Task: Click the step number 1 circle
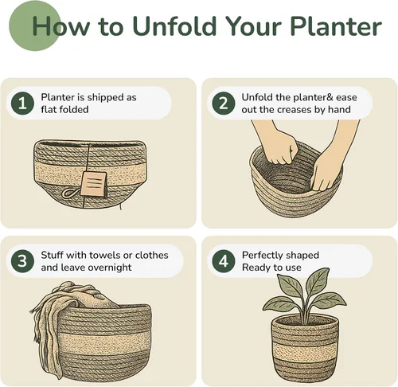(x=22, y=104)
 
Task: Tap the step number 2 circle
(x=224, y=104)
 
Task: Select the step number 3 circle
(x=22, y=261)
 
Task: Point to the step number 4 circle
(x=224, y=261)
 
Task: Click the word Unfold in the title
(x=175, y=26)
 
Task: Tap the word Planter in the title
(x=336, y=26)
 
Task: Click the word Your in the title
(x=254, y=26)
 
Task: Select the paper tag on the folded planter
(x=94, y=184)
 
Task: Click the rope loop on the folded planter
(x=70, y=193)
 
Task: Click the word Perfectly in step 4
(x=262, y=256)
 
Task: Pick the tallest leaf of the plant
(x=317, y=282)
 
